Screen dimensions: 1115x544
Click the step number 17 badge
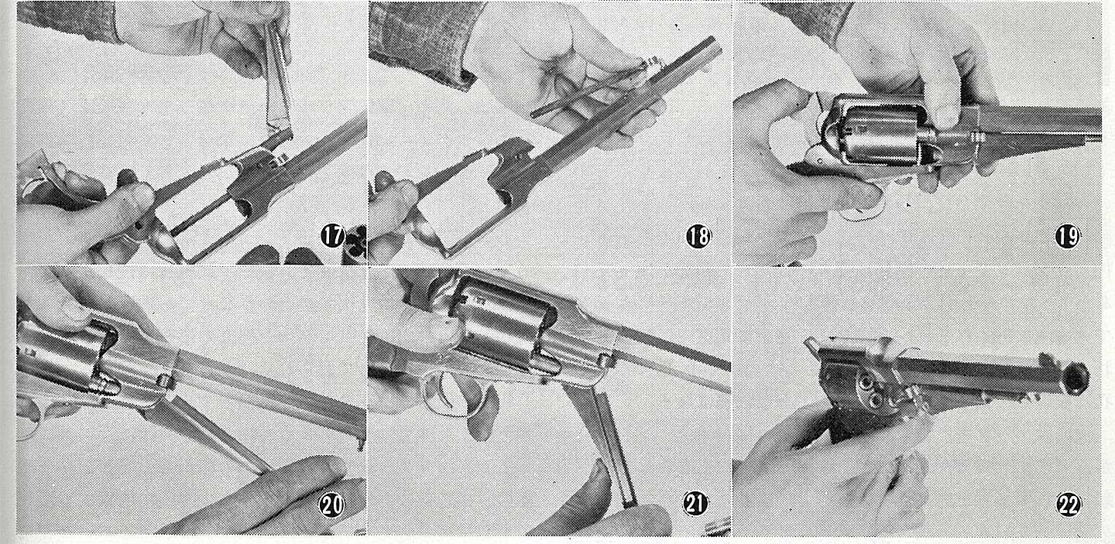coord(332,235)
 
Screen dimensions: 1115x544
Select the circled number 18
coord(698,237)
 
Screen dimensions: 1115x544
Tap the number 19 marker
coord(1067,237)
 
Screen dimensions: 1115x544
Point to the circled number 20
coord(331,505)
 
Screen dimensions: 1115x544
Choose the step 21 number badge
coord(695,505)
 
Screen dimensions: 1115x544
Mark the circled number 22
coord(1069,506)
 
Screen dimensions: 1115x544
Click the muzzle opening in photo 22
coord(1076,378)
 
